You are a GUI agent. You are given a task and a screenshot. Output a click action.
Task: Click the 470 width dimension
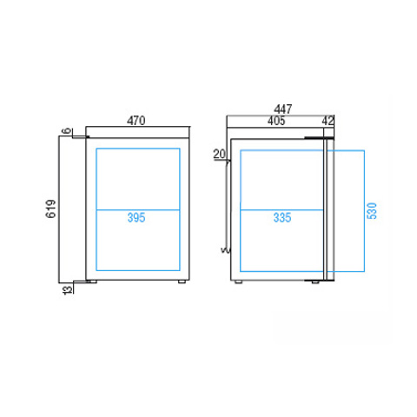click(136, 121)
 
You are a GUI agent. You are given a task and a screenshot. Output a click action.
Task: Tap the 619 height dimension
click(51, 208)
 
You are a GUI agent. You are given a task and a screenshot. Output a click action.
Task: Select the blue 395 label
click(136, 217)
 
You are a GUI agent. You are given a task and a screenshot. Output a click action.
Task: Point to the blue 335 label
click(282, 217)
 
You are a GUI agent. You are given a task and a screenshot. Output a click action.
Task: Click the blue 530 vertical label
click(372, 210)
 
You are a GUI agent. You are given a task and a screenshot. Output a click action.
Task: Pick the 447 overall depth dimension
click(283, 109)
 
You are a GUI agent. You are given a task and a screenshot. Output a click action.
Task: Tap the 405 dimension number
click(276, 121)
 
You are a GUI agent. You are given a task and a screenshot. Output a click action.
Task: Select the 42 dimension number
click(328, 121)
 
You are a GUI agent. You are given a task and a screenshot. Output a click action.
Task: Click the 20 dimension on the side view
click(219, 154)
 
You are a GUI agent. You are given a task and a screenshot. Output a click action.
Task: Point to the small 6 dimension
click(67, 130)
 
